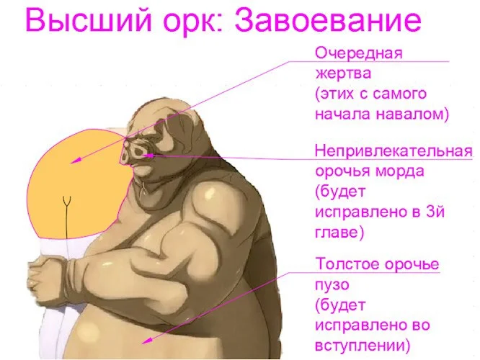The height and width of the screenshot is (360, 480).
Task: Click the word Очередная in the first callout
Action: click(358, 52)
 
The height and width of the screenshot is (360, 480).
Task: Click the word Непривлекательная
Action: click(394, 151)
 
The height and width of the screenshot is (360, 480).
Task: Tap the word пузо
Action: click(332, 283)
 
